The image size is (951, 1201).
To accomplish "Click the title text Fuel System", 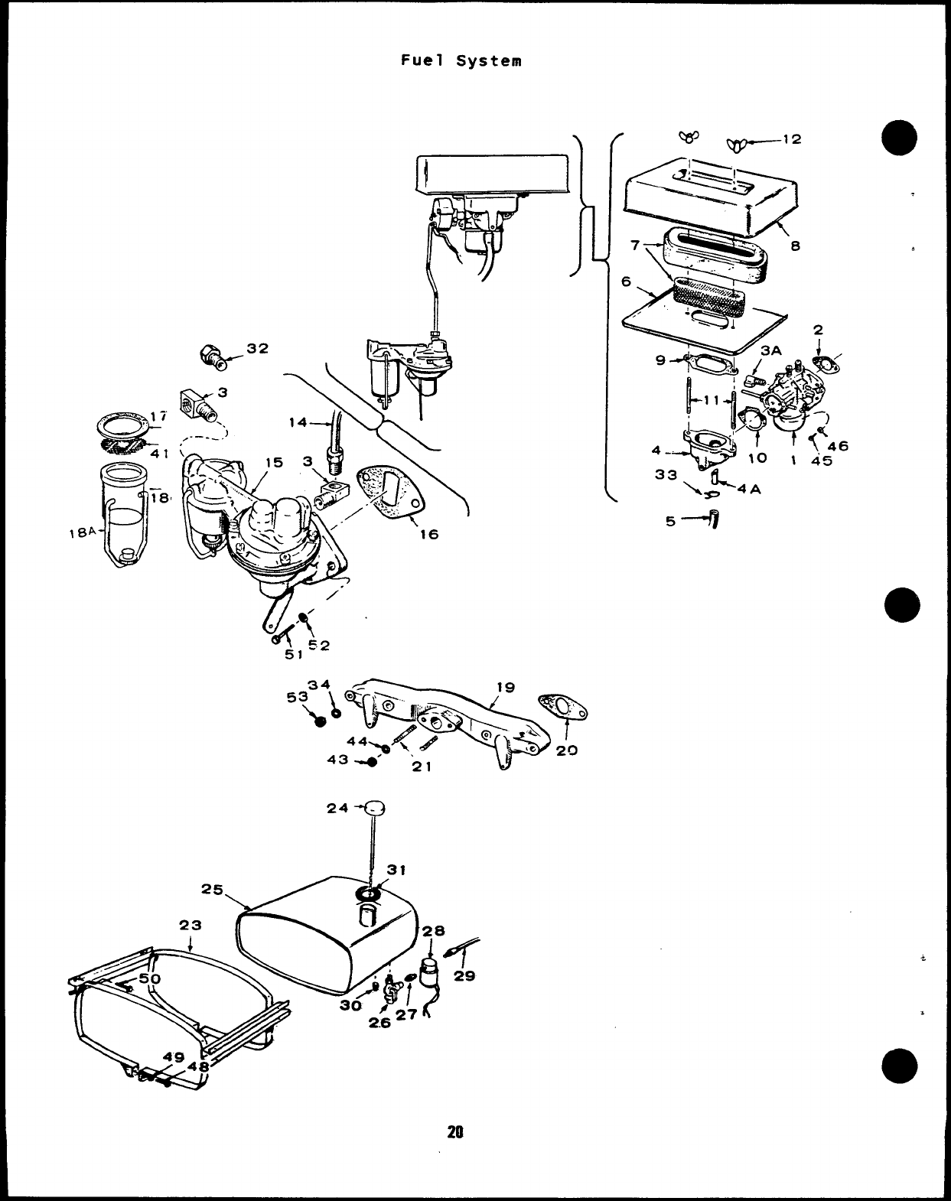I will (461, 60).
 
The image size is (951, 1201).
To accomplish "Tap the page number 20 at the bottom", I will (456, 1132).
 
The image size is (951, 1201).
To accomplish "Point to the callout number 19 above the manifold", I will (505, 687).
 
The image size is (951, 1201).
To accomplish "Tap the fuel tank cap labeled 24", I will (374, 808).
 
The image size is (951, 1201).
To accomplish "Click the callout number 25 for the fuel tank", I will (212, 890).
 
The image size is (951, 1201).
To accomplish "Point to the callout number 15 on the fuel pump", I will (274, 462).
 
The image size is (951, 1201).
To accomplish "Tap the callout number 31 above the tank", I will (396, 870).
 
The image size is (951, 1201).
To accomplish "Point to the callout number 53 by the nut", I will (297, 697).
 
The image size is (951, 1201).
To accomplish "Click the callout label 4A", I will (750, 490).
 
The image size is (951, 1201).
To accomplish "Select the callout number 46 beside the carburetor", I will (838, 446).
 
